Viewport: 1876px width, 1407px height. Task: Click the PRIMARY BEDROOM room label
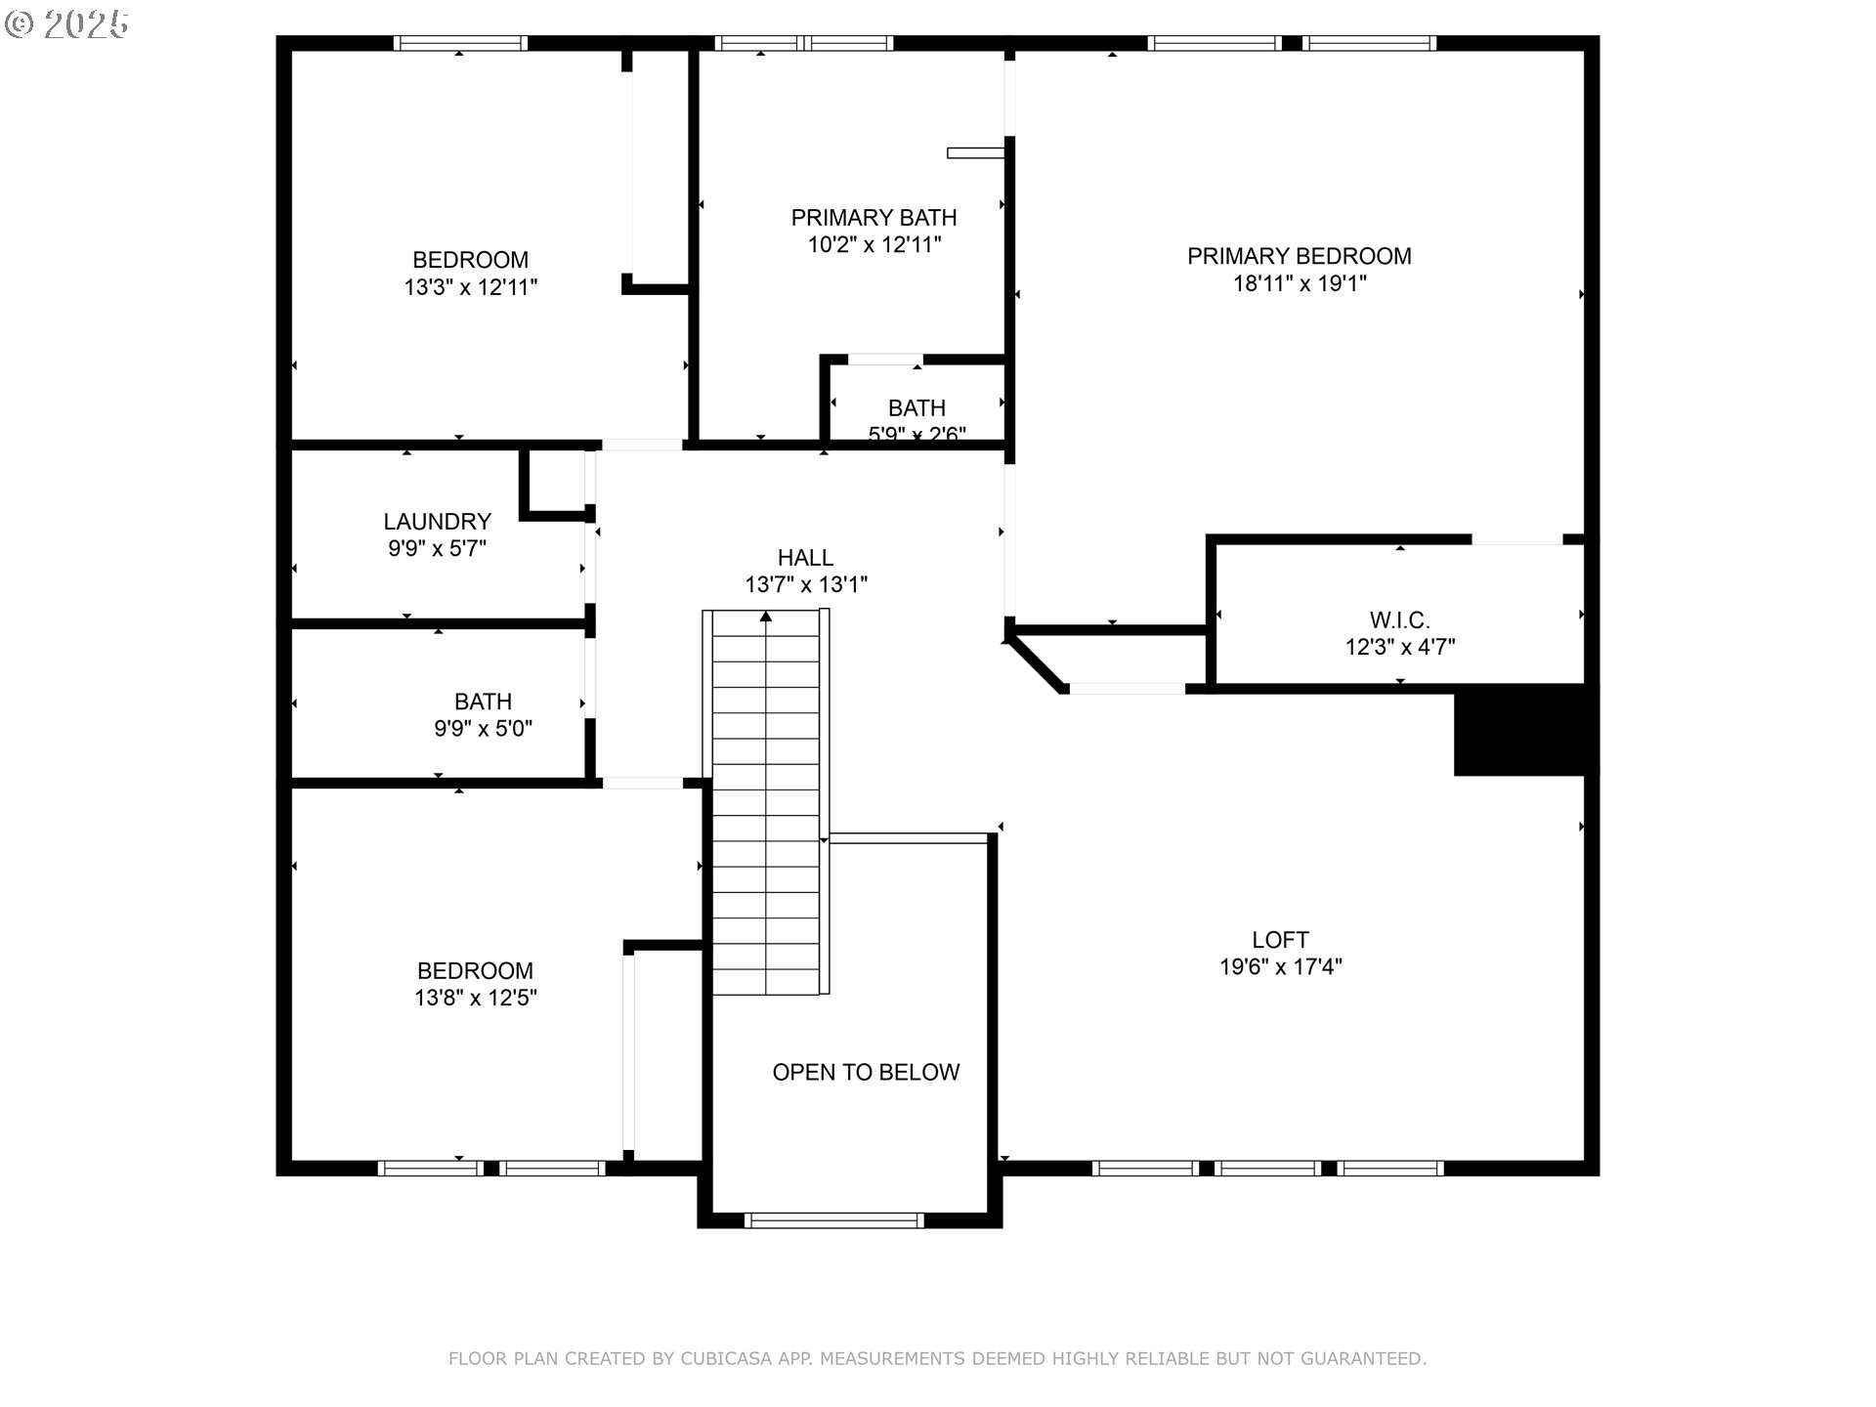coord(1299,256)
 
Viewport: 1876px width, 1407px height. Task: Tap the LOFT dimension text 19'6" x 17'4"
coord(1280,967)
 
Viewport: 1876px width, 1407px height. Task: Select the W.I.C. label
coord(1399,619)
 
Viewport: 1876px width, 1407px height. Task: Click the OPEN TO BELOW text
coord(866,1072)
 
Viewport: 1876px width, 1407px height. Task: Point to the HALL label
coord(805,557)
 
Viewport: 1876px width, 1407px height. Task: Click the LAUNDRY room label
coord(437,521)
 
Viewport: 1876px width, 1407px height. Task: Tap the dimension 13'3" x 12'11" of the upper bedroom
coord(470,287)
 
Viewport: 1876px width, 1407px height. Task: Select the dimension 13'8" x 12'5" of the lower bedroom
coord(475,998)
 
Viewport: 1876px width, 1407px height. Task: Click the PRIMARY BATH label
coord(874,217)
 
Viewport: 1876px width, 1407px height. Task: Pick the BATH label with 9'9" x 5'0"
coord(483,701)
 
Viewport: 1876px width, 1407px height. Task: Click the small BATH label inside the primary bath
coord(917,407)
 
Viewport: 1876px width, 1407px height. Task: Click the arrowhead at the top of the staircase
coord(766,617)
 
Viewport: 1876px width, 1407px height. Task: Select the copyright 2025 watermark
coord(66,24)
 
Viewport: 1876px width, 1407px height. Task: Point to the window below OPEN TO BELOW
coord(833,1219)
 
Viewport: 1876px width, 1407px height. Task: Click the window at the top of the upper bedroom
coord(460,43)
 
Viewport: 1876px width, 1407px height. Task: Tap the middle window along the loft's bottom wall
coord(1267,1168)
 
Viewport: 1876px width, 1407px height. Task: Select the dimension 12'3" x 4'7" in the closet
coord(1399,647)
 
